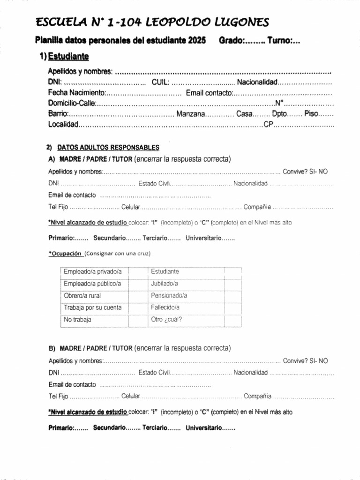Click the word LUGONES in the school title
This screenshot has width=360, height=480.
point(242,22)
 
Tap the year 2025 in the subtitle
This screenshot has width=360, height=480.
point(197,41)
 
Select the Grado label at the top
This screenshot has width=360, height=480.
point(231,41)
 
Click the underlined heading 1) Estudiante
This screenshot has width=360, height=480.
point(64,56)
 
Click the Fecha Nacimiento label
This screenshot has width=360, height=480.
point(76,93)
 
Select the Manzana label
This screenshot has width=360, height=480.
point(190,114)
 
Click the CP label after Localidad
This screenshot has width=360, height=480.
point(268,125)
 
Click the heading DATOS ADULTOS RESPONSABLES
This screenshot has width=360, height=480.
point(108,147)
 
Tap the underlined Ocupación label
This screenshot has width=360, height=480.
point(66,253)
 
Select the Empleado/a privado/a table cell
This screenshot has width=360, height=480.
point(93,271)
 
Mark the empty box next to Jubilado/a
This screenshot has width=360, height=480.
point(232,284)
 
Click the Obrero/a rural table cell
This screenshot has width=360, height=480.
point(82,296)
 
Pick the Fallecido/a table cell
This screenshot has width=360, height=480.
point(165,308)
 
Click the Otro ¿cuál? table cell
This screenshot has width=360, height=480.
point(166,320)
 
